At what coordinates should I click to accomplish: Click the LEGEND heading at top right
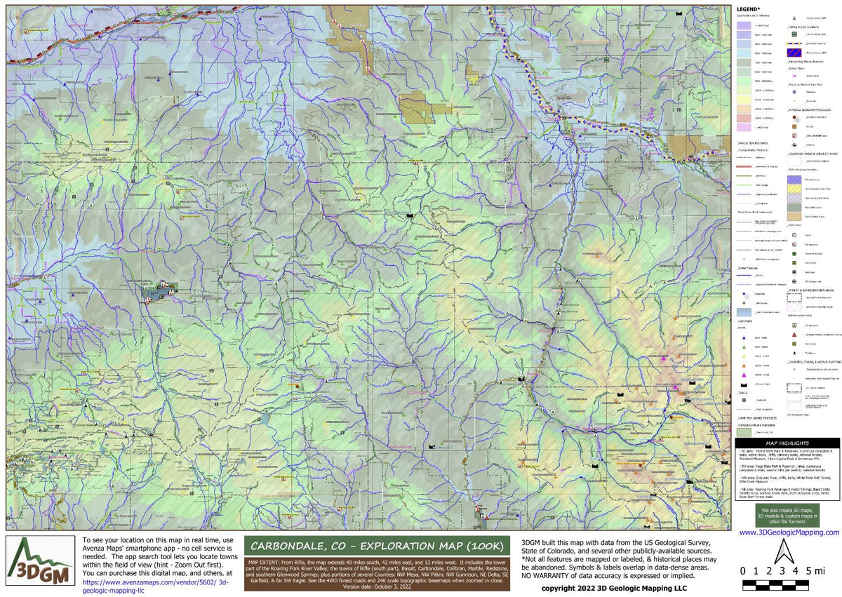[x=749, y=9]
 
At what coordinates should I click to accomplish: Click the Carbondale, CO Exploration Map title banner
[x=377, y=546]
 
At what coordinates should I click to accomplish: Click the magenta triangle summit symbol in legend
[x=742, y=374]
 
